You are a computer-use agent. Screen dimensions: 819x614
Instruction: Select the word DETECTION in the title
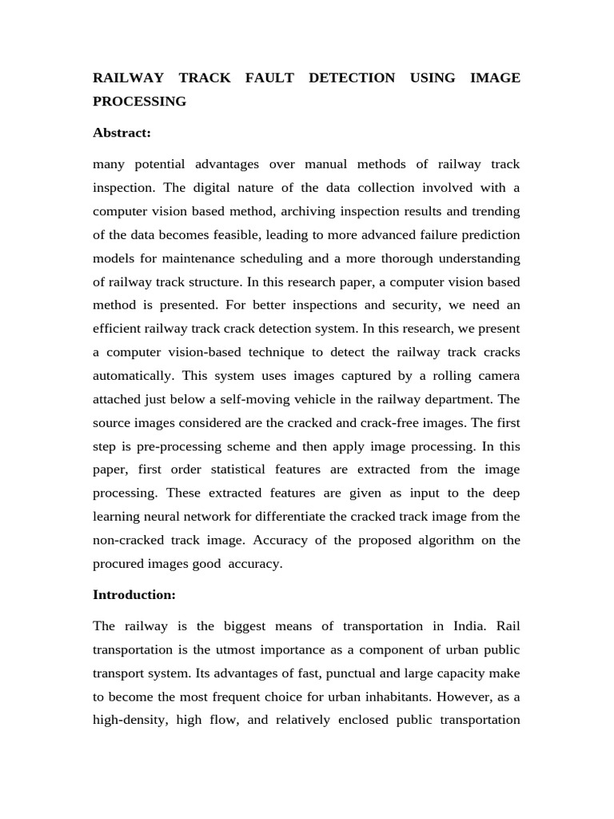(351, 78)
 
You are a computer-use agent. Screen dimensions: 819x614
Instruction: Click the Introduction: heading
(134, 594)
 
